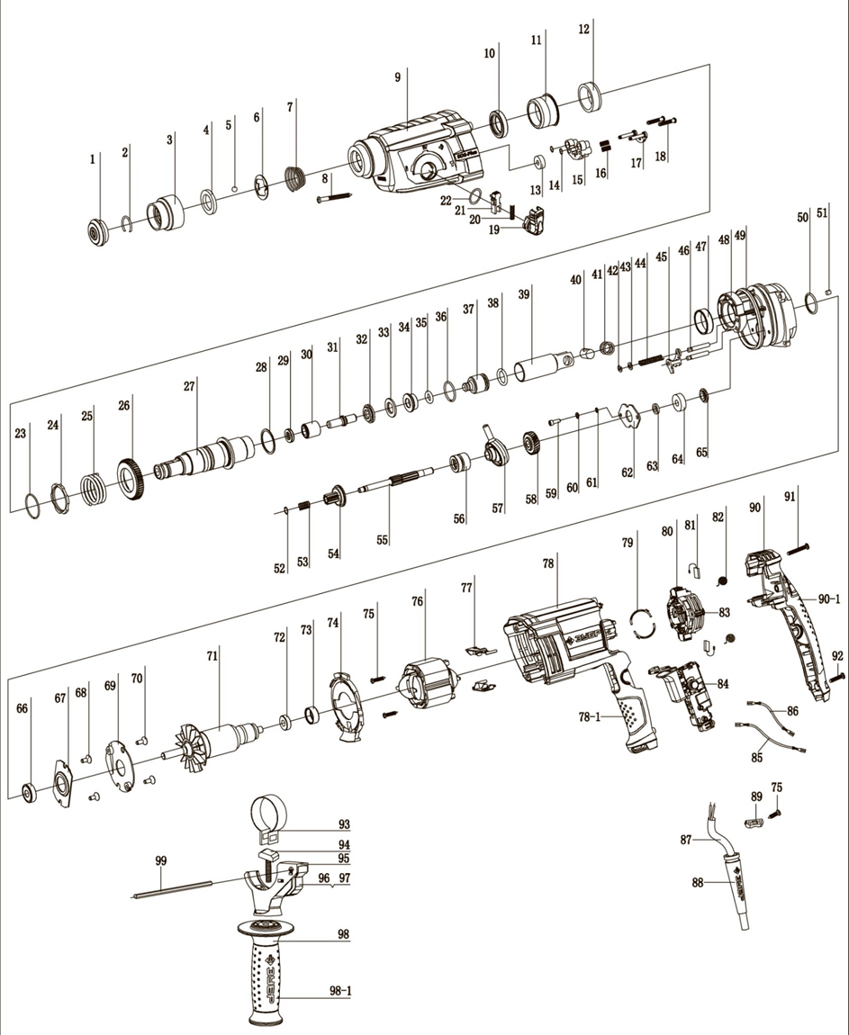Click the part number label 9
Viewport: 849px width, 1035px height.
point(397,77)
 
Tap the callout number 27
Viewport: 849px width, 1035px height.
point(189,384)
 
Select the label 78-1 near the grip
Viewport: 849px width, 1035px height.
point(592,716)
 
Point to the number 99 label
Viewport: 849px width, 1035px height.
point(161,861)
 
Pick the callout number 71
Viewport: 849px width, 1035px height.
point(212,656)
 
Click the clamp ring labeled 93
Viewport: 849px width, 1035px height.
point(267,813)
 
